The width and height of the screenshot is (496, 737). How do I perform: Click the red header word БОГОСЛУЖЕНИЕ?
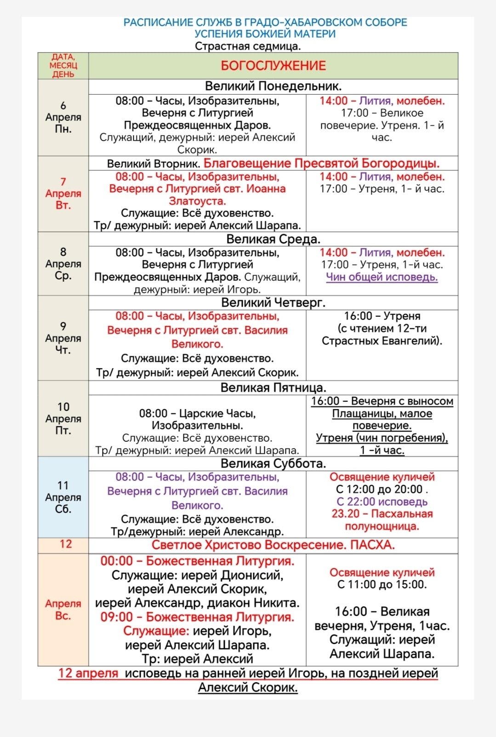coord(273,66)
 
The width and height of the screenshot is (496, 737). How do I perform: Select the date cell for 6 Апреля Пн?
coord(63,117)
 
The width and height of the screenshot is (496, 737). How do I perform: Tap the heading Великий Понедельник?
coord(273,86)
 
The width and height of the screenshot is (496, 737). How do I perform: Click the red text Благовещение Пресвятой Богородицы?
coord(321,164)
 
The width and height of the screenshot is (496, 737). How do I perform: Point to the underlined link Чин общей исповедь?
coord(382,277)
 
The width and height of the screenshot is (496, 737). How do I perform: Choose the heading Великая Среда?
coord(273,239)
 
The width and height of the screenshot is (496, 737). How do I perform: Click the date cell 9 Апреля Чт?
coord(63,338)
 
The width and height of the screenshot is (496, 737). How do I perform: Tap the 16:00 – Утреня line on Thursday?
coord(382,316)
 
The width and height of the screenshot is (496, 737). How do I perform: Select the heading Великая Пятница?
coord(273,388)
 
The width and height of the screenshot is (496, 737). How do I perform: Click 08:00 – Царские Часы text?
coord(197,413)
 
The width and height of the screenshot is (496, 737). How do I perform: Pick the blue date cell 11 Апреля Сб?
coord(63,497)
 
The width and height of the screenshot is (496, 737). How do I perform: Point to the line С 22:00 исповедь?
coord(382,502)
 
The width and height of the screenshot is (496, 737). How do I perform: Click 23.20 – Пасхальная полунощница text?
coord(382,520)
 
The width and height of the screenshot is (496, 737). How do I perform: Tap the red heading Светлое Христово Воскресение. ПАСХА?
coord(273,545)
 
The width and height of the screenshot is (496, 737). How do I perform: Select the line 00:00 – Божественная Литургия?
coord(197,561)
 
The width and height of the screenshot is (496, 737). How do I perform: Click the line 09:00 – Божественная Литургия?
coord(197,617)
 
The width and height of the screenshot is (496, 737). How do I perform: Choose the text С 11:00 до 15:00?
coord(382,585)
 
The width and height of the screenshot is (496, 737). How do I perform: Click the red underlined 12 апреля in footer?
coord(88,673)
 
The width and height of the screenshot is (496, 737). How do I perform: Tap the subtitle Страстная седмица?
coord(248,46)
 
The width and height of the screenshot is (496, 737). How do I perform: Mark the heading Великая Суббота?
coord(273,463)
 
